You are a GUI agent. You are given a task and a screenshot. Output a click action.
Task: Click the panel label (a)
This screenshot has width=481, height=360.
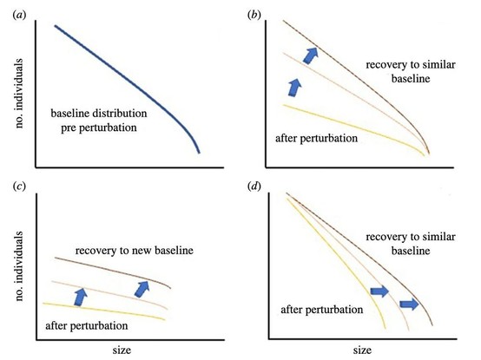click(19, 16)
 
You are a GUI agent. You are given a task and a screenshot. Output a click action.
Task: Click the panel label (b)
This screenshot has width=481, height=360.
click(254, 16)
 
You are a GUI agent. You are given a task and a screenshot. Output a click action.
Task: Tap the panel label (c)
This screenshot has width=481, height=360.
click(19, 187)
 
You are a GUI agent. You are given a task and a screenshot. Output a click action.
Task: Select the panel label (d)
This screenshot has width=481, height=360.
click(254, 187)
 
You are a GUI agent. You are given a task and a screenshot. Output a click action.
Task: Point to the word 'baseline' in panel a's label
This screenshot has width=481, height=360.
click(70, 114)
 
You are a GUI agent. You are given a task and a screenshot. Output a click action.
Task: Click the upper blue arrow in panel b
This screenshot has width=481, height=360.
click(311, 56)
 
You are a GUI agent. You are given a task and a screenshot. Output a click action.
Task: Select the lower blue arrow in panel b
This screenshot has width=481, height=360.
click(295, 88)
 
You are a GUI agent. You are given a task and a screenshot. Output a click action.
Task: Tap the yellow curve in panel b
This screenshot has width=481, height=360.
click(353, 128)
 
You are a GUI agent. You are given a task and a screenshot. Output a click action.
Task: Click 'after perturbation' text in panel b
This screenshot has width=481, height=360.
click(317, 139)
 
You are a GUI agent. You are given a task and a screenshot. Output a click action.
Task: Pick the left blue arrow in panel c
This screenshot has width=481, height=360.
click(81, 297)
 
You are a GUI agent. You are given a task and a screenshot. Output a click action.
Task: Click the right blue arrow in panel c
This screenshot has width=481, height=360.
click(142, 289)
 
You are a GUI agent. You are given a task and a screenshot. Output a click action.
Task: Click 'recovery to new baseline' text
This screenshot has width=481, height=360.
click(135, 251)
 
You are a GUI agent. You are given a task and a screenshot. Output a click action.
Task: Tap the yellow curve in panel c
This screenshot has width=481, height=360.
click(104, 311)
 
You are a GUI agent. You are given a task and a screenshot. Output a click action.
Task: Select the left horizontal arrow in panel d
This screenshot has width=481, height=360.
click(379, 291)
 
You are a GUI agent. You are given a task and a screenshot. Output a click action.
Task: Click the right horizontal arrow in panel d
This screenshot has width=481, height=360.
click(409, 304)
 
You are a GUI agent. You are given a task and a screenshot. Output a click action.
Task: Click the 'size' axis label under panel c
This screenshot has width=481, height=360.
click(122, 350)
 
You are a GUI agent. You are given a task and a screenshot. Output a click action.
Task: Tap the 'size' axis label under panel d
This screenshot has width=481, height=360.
click(362, 350)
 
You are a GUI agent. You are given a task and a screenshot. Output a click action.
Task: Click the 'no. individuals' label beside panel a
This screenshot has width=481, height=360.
click(19, 94)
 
